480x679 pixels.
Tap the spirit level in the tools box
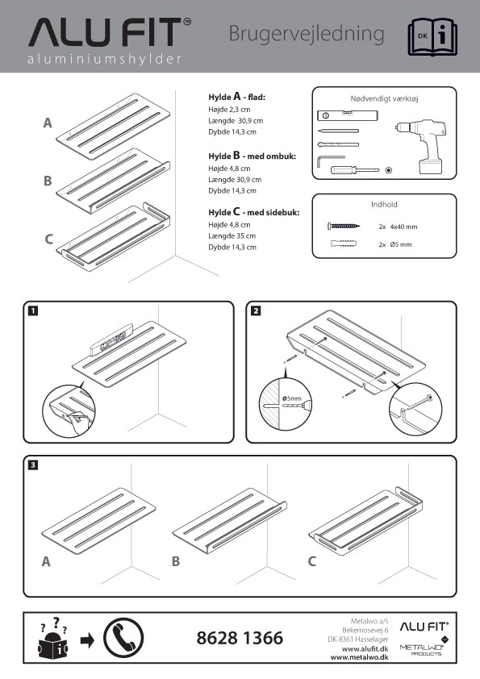pos(348,115)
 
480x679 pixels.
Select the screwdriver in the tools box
pos(355,169)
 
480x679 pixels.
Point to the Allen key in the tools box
pos(330,160)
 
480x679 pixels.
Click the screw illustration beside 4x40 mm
pos(344,226)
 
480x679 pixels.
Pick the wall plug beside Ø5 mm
pos(344,244)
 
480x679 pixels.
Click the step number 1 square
pos(32,310)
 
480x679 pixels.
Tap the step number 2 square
pos(256,310)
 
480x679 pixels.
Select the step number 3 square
pos(32,465)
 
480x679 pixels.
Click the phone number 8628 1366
pos(240,638)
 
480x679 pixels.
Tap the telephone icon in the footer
pos(123,638)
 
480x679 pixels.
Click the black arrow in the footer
pos(87,640)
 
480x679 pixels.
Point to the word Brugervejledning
pos(307,34)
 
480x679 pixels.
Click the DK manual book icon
pos(432,37)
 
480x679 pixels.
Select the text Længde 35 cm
pos(232,236)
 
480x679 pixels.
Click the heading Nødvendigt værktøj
pos(384,98)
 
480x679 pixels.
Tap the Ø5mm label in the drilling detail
pos(291,398)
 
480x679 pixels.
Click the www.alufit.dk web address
pos(365,648)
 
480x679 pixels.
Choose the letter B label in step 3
pos(175,561)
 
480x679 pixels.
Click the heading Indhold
pos(384,204)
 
